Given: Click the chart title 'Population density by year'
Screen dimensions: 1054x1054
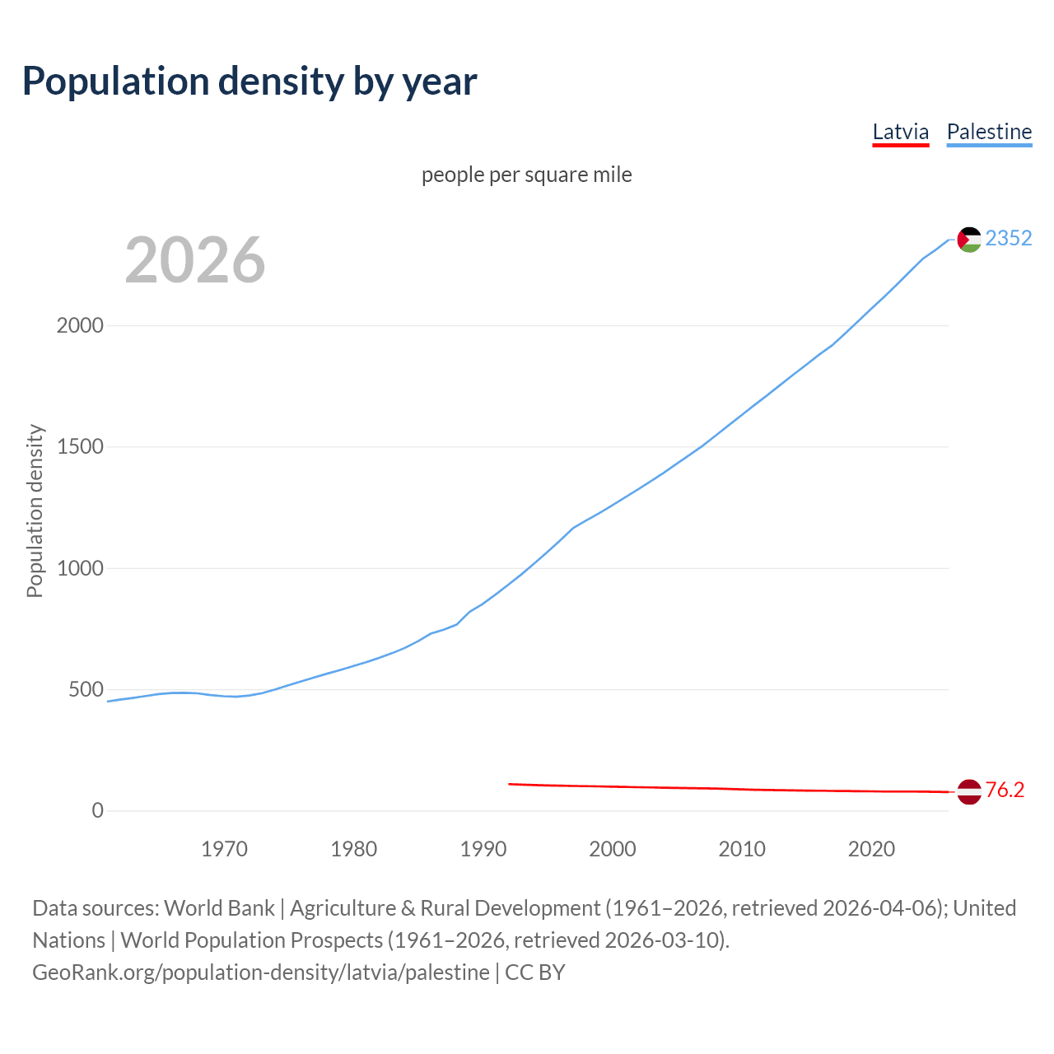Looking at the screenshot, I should pyautogui.click(x=250, y=82).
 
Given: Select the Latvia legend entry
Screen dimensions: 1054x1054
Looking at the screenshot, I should pyautogui.click(x=900, y=133).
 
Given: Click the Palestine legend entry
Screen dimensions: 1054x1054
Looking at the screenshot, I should pyautogui.click(x=989, y=133).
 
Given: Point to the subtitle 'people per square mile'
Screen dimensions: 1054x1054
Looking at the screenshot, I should pyautogui.click(x=526, y=175).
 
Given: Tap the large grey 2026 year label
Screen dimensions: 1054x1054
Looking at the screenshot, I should pyautogui.click(x=195, y=260).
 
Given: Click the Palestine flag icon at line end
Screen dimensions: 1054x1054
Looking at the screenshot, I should pyautogui.click(x=969, y=239).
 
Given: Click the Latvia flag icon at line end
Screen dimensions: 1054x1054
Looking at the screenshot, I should pyautogui.click(x=969, y=791).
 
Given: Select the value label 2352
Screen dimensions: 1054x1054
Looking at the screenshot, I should pyautogui.click(x=1008, y=238).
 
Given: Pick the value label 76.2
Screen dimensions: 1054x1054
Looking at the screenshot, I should pyautogui.click(x=1005, y=790).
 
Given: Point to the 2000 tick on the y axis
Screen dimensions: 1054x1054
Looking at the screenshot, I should pyautogui.click(x=80, y=325).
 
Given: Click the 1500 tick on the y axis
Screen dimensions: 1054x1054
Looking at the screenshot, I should pyautogui.click(x=80, y=446).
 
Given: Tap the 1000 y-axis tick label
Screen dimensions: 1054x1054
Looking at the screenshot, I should pyautogui.click(x=80, y=568).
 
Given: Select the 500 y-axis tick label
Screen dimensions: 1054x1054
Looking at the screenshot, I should pyautogui.click(x=86, y=689).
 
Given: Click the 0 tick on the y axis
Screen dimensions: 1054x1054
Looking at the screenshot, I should pyautogui.click(x=98, y=810).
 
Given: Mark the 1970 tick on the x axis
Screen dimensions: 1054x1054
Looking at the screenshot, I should pyautogui.click(x=224, y=849).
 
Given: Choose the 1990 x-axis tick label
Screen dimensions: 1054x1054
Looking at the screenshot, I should pyautogui.click(x=483, y=849).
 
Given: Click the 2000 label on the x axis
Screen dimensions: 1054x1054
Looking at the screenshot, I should pyautogui.click(x=613, y=849).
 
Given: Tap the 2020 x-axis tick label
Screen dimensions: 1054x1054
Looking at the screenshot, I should pyautogui.click(x=871, y=849).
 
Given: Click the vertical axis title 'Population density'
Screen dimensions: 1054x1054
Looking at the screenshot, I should pyautogui.click(x=35, y=511).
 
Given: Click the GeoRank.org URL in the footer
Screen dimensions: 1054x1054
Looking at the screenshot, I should pyautogui.click(x=261, y=972).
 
